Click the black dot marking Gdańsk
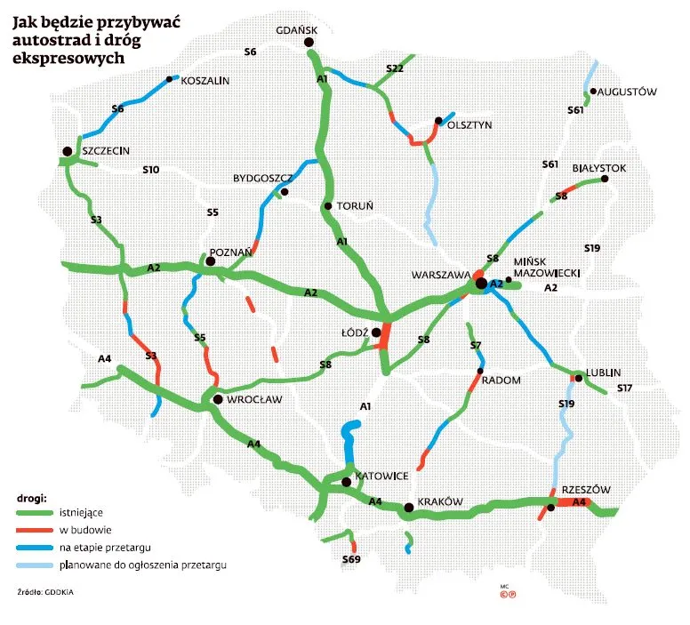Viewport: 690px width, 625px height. click(x=309, y=43)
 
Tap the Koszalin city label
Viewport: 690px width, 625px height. click(x=205, y=81)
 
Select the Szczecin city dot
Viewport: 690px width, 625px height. click(x=68, y=151)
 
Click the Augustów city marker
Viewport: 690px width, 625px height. click(x=592, y=92)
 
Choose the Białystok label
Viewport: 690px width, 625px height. click(x=601, y=167)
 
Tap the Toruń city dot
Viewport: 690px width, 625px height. click(x=328, y=206)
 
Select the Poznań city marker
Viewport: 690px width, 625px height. click(x=211, y=261)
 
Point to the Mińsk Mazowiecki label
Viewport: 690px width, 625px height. click(x=547, y=267)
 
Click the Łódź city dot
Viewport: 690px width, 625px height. click(x=376, y=333)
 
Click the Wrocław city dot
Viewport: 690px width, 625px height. click(x=217, y=401)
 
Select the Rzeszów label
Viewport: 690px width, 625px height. click(x=585, y=490)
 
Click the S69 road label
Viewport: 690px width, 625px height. click(x=351, y=560)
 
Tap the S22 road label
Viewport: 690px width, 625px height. click(x=395, y=68)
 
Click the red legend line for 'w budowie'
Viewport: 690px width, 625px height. click(x=35, y=529)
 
